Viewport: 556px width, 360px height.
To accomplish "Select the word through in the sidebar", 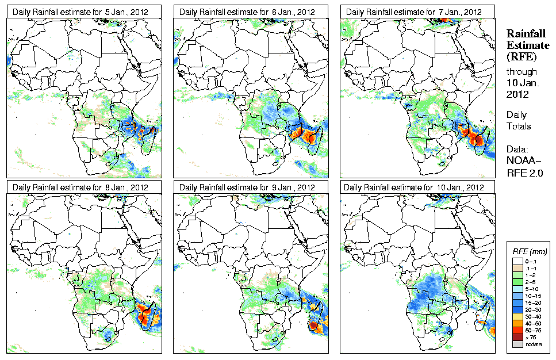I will pos(521,72).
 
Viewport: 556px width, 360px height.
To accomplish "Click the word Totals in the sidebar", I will pos(519,126).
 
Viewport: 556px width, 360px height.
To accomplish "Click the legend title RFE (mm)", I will pos(530,252).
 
